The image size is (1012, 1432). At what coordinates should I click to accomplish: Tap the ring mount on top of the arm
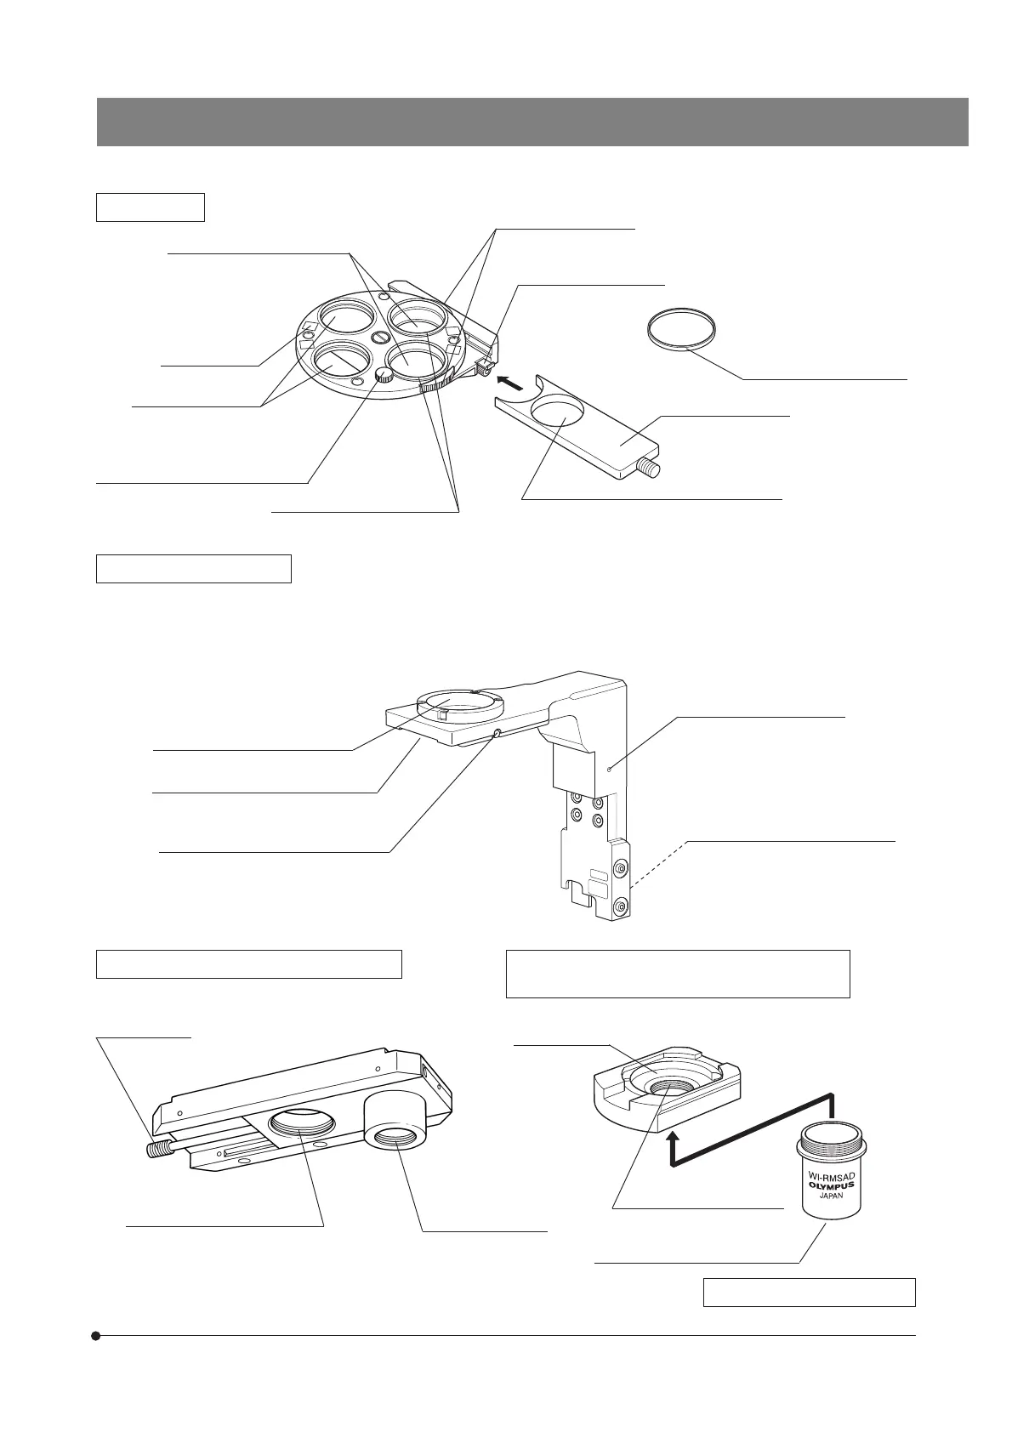(x=461, y=706)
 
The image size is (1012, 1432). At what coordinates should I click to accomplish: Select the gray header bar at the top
(x=532, y=122)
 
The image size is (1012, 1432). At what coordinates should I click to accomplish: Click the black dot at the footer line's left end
(x=97, y=1336)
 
